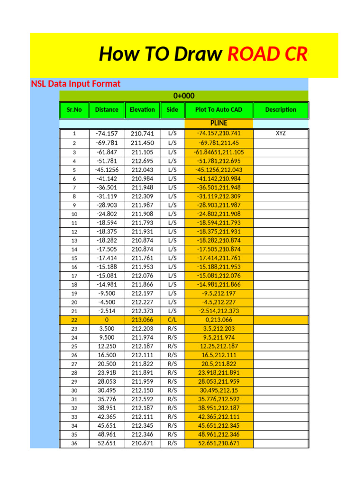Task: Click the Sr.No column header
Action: tap(74, 110)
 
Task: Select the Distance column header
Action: tap(107, 110)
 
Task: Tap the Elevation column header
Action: tap(142, 110)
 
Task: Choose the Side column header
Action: tap(173, 110)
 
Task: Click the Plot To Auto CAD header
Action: tap(218, 110)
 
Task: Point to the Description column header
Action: tap(281, 110)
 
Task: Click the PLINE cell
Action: tap(218, 123)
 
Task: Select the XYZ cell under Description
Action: tap(281, 134)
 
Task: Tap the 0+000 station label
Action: tap(184, 96)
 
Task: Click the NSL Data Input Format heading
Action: tap(76, 84)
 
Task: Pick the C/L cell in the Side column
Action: tap(173, 320)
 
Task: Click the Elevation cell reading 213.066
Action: tap(142, 320)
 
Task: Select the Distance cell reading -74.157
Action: tap(107, 134)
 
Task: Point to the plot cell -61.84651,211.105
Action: tap(218, 152)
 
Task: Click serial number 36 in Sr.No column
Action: tap(74, 444)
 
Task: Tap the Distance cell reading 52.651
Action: tap(107, 444)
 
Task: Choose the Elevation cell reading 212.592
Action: tap(142, 399)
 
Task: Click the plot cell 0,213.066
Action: tap(218, 320)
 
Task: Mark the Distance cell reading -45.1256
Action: tap(107, 170)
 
